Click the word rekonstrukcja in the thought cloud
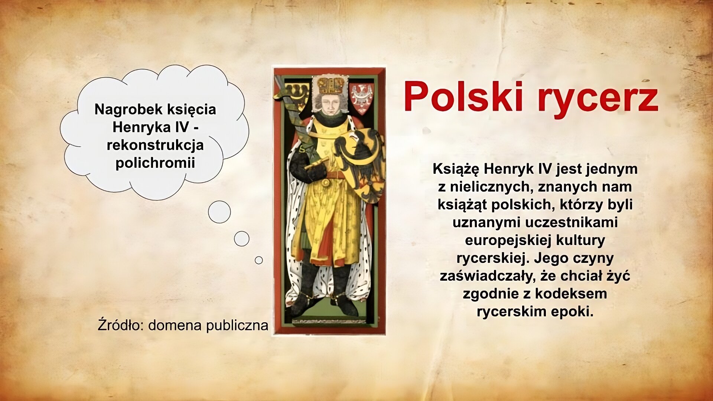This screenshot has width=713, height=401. coord(155,145)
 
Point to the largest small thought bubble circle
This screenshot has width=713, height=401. coord(219,212)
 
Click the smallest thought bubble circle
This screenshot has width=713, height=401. coord(259,260)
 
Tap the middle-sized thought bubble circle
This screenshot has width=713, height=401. coord(241,239)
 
